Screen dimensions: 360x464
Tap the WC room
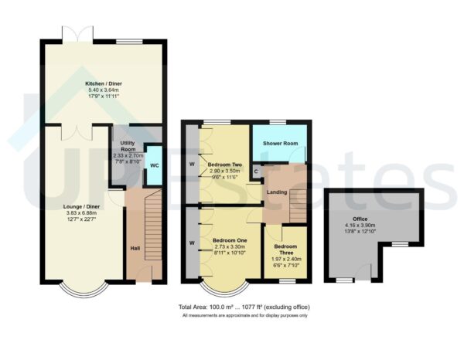(154, 165)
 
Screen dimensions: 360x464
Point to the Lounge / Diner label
(80, 206)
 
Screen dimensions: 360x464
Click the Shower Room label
(279, 143)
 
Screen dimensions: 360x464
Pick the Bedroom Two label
(224, 165)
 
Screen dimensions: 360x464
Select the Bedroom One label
(229, 240)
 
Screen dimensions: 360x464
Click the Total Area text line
(244, 307)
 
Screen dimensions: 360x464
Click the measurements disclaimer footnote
(244, 316)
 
